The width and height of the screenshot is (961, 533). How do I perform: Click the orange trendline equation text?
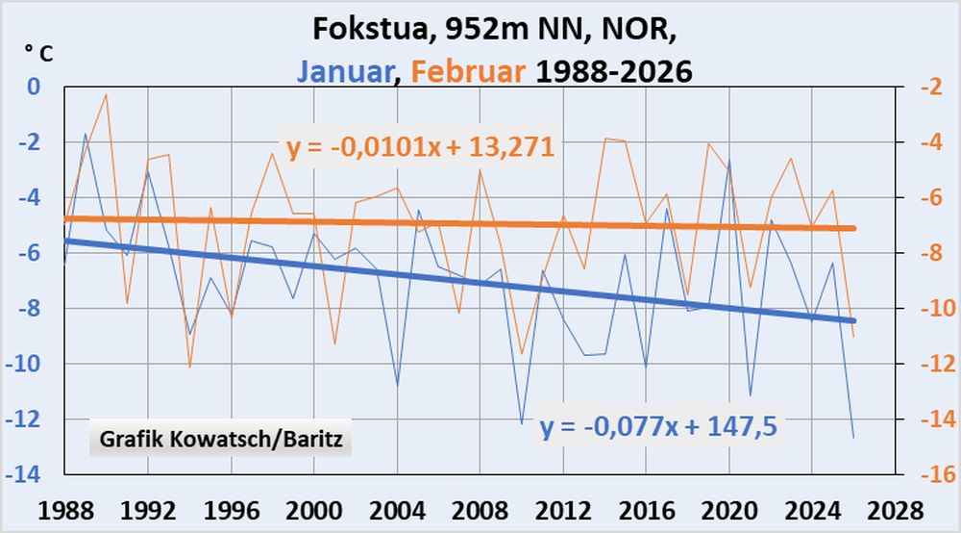pos(421,147)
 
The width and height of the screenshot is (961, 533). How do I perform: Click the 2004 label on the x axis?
pos(396,507)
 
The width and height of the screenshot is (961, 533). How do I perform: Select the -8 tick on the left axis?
pos(30,309)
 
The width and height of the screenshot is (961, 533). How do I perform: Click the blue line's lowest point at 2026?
pos(852,438)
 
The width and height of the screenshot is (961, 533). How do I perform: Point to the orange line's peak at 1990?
pos(106,94)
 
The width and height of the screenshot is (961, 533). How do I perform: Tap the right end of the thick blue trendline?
pos(852,320)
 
